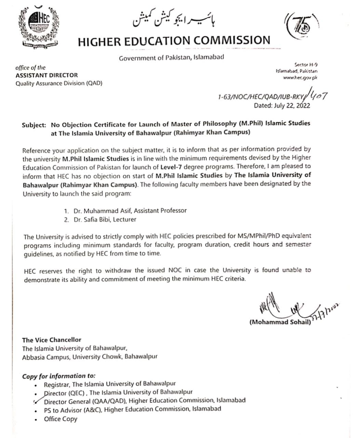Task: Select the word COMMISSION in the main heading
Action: click(232, 41)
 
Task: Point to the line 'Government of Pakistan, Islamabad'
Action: click(171, 57)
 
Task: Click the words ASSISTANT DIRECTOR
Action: click(47, 75)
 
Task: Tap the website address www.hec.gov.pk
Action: click(301, 78)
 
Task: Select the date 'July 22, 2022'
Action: click(292, 105)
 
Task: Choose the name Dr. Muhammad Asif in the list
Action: click(103, 211)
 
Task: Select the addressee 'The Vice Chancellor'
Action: click(52, 340)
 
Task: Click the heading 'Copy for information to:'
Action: click(59, 376)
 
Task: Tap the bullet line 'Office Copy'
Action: click(61, 419)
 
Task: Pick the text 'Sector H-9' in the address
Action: click(306, 64)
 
